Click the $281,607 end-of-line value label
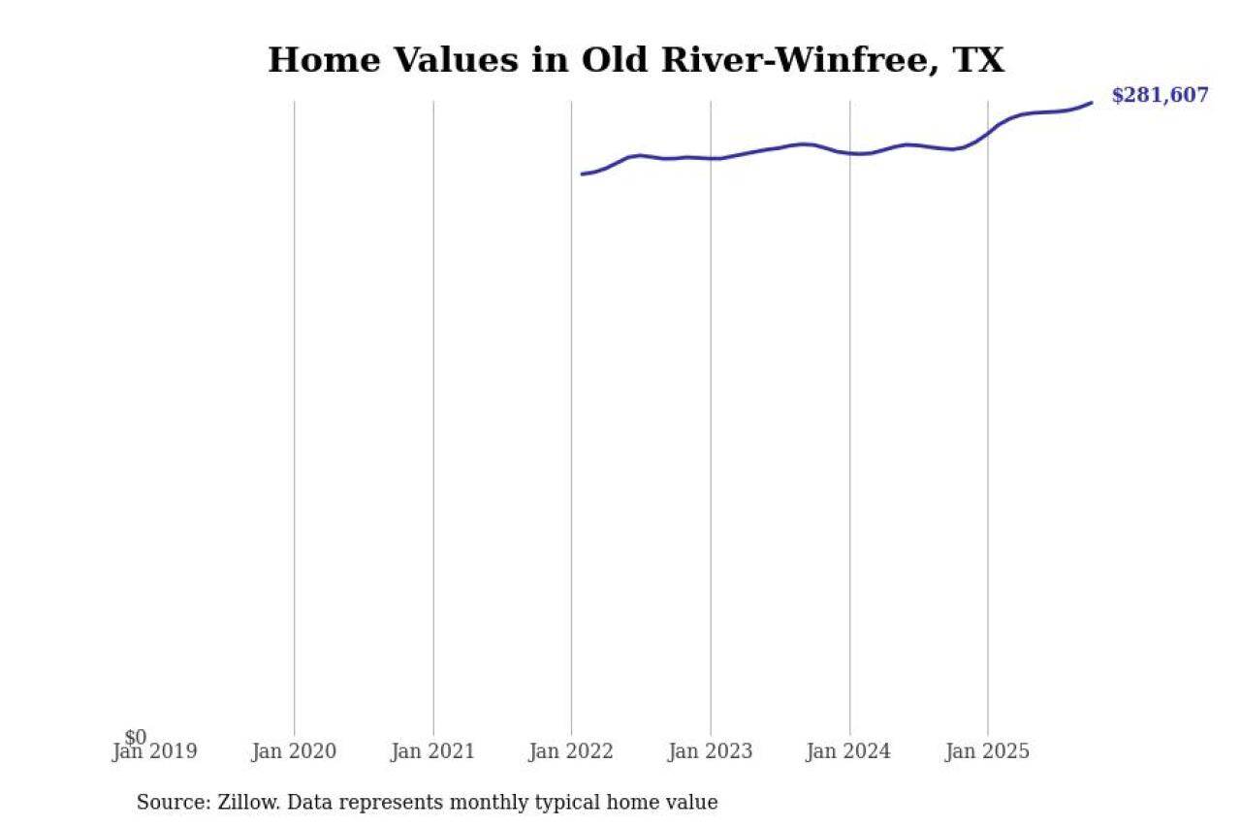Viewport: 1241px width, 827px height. pyautogui.click(x=1160, y=95)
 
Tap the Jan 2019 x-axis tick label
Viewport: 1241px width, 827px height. pyautogui.click(x=154, y=751)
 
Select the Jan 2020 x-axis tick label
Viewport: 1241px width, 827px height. pyautogui.click(x=294, y=751)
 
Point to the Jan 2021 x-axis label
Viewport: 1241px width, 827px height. pyautogui.click(x=432, y=751)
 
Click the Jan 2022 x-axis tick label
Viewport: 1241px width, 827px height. pyautogui.click(x=571, y=751)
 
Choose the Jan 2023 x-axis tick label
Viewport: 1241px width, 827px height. pyautogui.click(x=711, y=751)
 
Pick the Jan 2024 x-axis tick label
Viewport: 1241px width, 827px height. pyautogui.click(x=849, y=751)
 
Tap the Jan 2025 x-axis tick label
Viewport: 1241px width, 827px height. pyautogui.click(x=988, y=751)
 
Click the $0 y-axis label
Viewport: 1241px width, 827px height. pyautogui.click(x=136, y=738)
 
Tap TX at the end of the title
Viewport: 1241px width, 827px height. pyautogui.click(x=978, y=60)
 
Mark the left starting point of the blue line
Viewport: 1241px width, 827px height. pyautogui.click(x=582, y=175)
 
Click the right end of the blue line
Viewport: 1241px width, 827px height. pyautogui.click(x=1092, y=102)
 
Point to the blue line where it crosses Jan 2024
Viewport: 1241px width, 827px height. pyautogui.click(x=850, y=153)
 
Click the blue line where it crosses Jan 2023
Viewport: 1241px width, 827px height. pyautogui.click(x=711, y=158)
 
